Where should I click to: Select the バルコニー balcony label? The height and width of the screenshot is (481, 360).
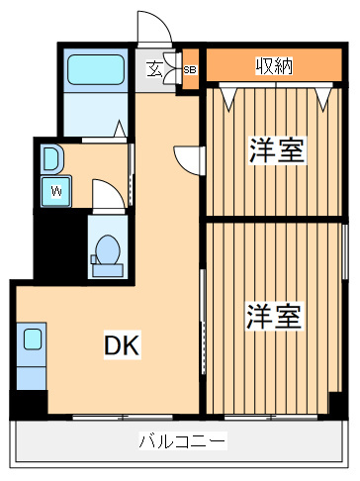[181, 441]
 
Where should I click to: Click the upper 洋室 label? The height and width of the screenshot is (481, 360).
[276, 150]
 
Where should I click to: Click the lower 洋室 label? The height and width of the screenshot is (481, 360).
[273, 317]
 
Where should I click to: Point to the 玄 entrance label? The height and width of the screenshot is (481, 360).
[156, 69]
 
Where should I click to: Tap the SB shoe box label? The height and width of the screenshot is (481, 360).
[190, 70]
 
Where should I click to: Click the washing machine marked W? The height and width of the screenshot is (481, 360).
[55, 189]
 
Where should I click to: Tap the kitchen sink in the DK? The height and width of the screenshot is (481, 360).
[33, 340]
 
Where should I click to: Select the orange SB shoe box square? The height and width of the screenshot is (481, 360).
[190, 70]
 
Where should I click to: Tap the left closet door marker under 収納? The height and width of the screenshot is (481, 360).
[231, 95]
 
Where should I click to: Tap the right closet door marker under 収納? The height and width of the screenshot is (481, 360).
[323, 95]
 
